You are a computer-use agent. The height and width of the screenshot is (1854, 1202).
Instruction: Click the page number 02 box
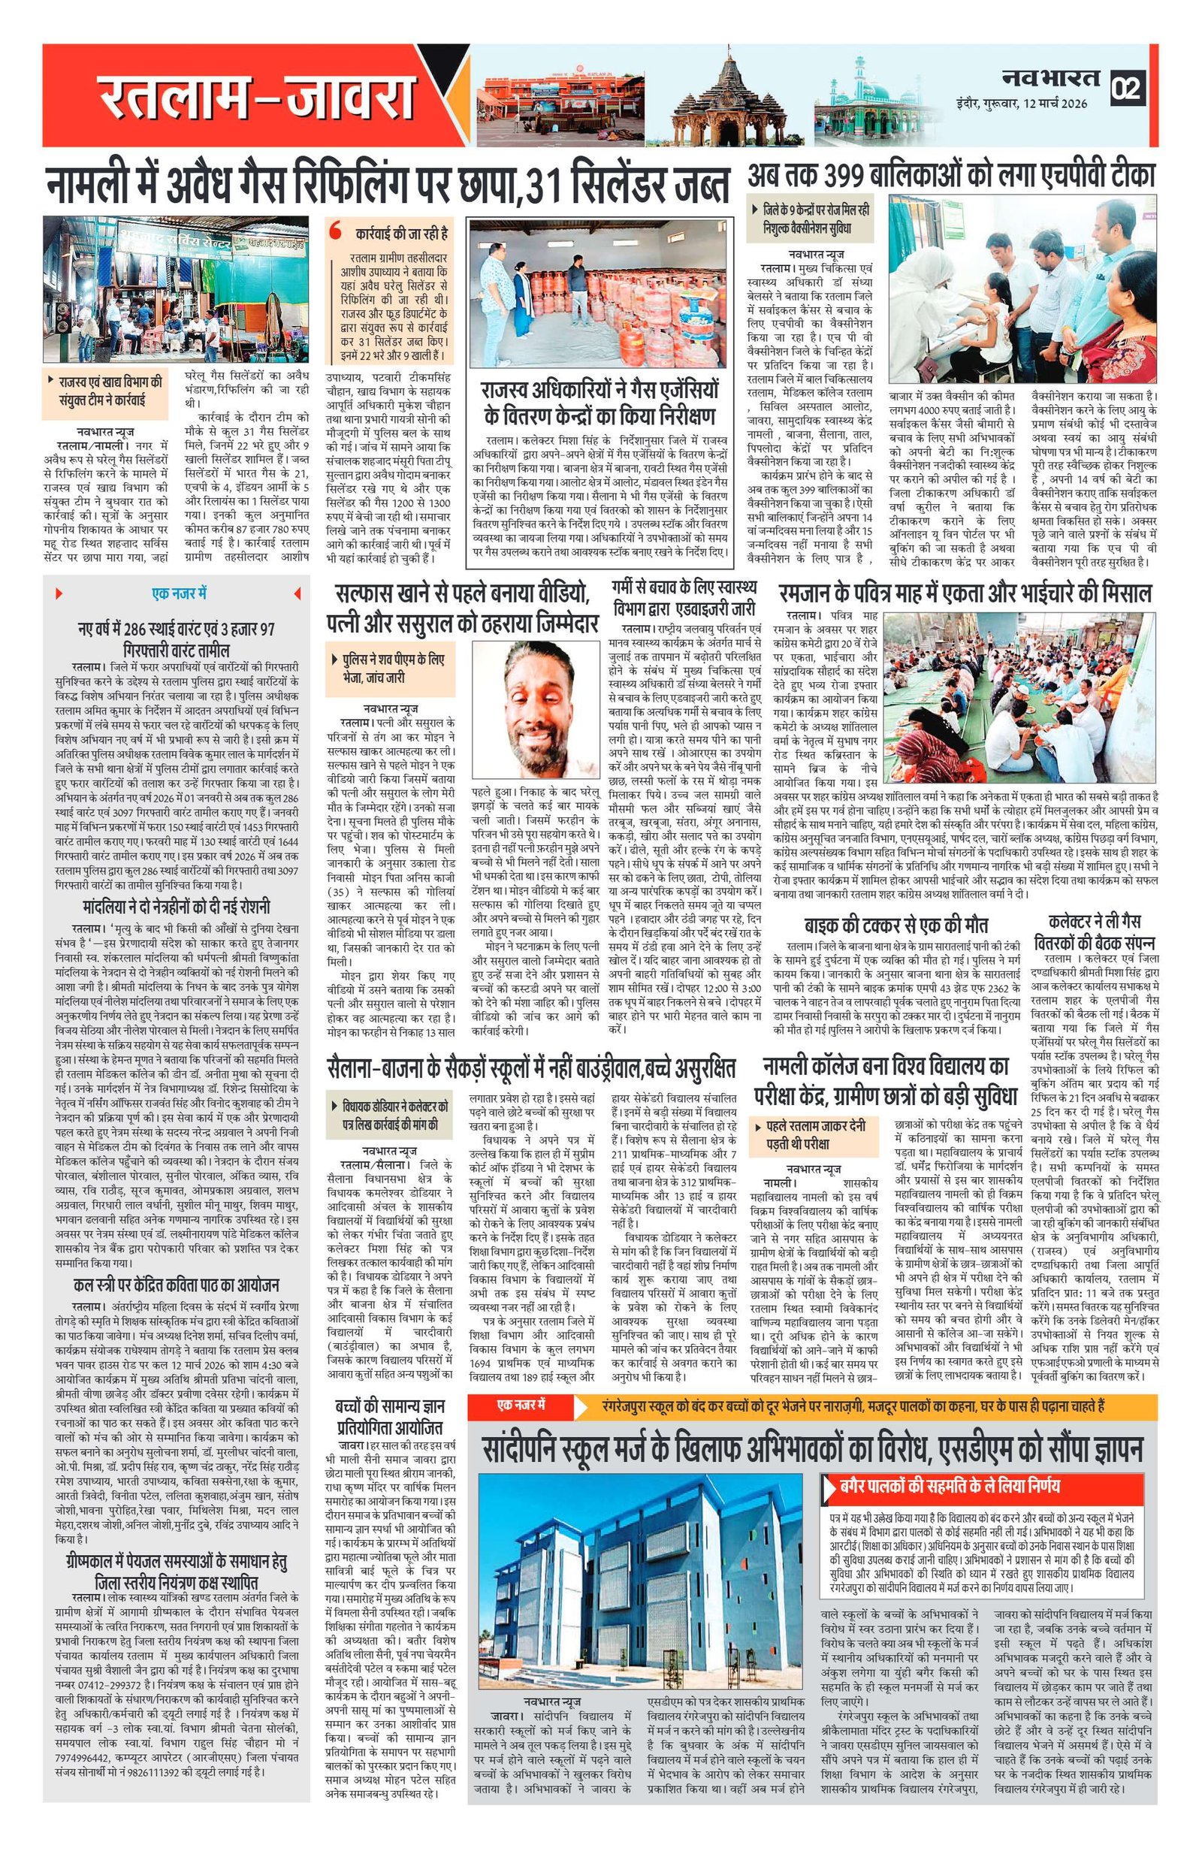tap(1126, 88)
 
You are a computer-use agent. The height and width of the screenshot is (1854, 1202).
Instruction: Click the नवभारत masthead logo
tap(1049, 79)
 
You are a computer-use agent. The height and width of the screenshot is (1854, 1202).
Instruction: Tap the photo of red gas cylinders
tap(599, 296)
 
